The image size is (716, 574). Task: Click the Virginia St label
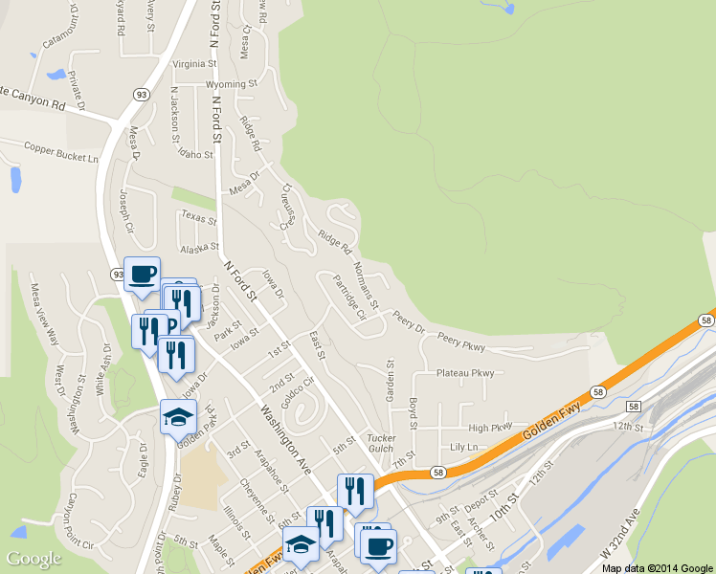[194, 64]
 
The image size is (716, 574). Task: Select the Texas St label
[199, 218]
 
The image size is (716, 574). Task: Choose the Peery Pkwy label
[461, 340]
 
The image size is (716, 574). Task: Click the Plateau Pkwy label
[465, 373]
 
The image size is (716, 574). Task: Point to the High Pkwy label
[490, 428]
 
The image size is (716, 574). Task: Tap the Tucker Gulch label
[381, 443]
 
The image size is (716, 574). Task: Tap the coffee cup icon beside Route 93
[142, 275]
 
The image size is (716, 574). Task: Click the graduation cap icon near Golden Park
[179, 416]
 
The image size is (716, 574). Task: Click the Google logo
[34, 559]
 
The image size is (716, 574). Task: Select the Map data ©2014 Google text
[658, 567]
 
